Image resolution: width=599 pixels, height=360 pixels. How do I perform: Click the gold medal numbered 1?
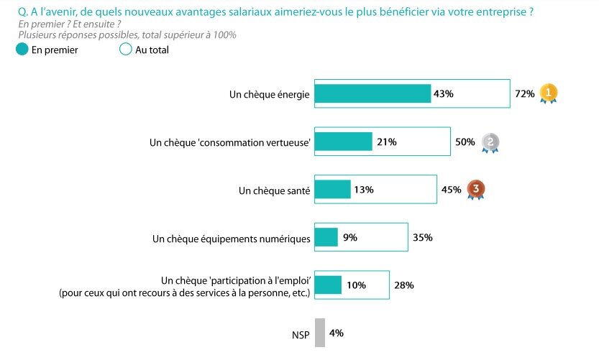click(x=549, y=93)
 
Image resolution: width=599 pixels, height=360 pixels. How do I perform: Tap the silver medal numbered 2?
click(x=490, y=142)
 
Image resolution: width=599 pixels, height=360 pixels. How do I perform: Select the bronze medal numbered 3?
click(x=475, y=190)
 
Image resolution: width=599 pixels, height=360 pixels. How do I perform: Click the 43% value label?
click(x=444, y=94)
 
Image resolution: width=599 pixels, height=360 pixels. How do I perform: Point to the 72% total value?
click(x=524, y=94)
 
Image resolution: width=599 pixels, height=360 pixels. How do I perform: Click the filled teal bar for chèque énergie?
click(x=373, y=94)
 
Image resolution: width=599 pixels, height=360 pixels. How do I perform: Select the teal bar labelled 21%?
click(x=344, y=142)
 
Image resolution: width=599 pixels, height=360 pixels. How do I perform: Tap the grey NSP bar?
click(x=320, y=333)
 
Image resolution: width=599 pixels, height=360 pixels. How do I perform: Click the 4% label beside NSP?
click(x=336, y=333)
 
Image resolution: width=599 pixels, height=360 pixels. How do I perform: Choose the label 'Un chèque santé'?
click(x=275, y=190)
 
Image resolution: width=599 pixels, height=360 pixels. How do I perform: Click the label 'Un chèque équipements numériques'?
click(x=232, y=238)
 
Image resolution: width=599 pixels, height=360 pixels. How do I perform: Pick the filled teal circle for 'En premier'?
click(x=22, y=50)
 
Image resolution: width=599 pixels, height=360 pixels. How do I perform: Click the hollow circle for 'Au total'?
click(x=126, y=50)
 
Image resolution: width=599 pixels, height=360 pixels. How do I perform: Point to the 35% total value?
click(x=422, y=238)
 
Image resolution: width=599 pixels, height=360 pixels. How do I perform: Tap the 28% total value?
click(x=403, y=285)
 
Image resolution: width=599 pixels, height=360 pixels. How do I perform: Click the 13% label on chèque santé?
click(x=364, y=190)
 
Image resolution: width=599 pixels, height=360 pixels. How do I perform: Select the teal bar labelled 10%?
click(x=328, y=285)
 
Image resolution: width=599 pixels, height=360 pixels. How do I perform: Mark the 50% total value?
click(x=465, y=142)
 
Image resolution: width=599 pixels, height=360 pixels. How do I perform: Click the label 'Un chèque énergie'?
click(x=270, y=94)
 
